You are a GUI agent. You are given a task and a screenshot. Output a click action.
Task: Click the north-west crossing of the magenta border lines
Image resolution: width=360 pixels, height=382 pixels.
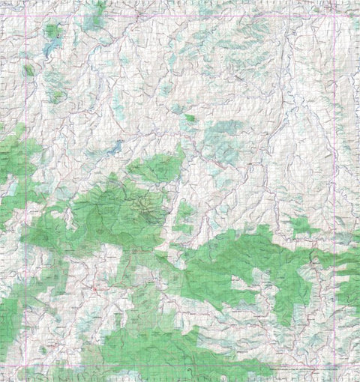pyautogui.click(x=27, y=16)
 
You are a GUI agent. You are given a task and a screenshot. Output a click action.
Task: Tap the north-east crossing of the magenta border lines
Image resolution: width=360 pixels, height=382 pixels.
pyautogui.click(x=334, y=16)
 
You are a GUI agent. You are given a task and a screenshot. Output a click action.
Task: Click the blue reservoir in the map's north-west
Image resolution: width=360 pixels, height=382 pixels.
pyautogui.click(x=51, y=48)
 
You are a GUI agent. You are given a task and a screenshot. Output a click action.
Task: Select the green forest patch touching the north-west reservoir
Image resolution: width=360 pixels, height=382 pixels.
pyautogui.click(x=52, y=31)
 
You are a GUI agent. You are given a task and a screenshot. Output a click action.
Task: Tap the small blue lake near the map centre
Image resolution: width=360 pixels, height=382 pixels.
pyautogui.click(x=113, y=149)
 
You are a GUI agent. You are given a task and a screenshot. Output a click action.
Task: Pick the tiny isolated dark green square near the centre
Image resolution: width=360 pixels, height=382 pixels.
pyautogui.click(x=190, y=118)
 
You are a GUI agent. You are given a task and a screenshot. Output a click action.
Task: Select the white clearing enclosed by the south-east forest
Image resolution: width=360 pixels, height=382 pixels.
pyautogui.click(x=247, y=285)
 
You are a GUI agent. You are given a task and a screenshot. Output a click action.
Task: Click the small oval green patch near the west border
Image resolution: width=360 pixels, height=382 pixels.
pyautogui.click(x=28, y=70)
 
